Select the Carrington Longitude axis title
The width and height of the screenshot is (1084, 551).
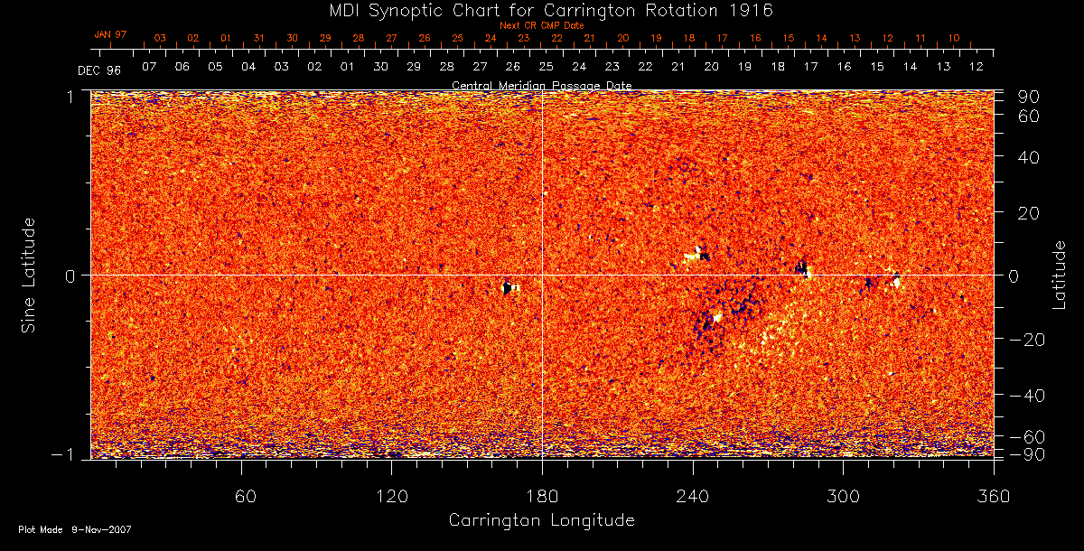click(x=541, y=520)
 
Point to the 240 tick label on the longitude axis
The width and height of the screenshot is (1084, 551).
click(x=693, y=496)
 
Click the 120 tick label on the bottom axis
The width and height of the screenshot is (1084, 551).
click(x=392, y=496)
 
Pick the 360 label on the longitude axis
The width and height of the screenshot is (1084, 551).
click(x=993, y=496)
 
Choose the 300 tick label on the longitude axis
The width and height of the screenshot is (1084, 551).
click(x=843, y=496)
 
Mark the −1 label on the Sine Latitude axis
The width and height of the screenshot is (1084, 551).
click(x=69, y=454)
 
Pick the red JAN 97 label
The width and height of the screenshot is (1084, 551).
click(x=110, y=34)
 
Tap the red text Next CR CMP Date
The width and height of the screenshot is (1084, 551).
click(x=542, y=25)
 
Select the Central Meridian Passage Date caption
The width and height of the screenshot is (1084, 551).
click(x=541, y=85)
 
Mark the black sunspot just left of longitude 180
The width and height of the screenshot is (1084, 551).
click(x=508, y=287)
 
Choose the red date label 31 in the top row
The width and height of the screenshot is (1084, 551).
click(x=259, y=38)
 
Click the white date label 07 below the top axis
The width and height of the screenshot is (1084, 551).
click(x=149, y=67)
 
